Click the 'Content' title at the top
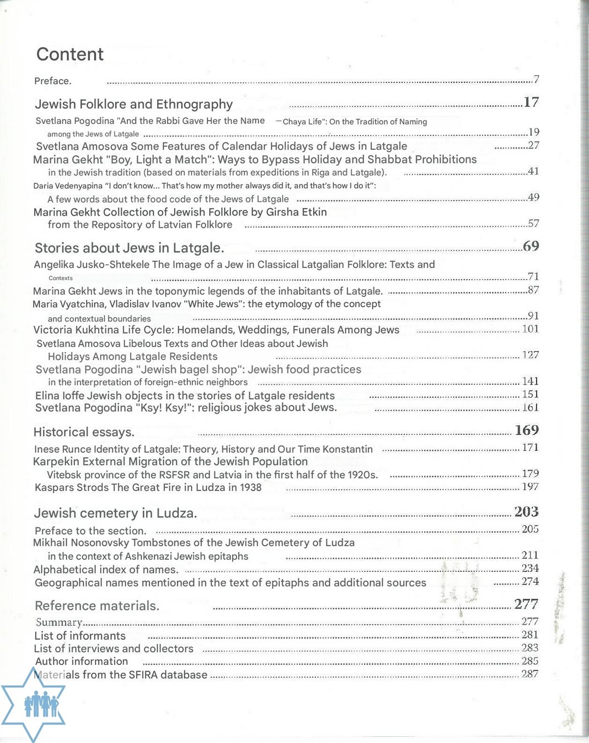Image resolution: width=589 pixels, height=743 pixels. pos(70,54)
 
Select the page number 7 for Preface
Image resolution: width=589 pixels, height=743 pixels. pos(536,79)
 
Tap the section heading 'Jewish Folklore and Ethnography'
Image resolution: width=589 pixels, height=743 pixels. pos(134,104)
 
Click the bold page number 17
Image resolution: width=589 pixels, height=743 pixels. pos(531,102)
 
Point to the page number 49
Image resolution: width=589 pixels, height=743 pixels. pos(533,197)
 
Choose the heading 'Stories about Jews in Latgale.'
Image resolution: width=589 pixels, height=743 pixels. pos(129,248)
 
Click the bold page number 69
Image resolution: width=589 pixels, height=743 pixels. pos(531,246)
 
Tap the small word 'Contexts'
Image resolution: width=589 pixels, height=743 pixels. pos(61,278)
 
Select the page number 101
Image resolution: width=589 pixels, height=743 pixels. pos(530,329)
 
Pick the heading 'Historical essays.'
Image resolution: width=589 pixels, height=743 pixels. pos(84,432)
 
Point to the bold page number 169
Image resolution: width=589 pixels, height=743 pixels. pos(527,430)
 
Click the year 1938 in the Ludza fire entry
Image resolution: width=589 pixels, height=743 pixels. pos(251,488)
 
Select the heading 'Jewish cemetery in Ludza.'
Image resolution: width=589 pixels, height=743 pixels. pos(116,513)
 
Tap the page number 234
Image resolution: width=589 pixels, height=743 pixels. pos(530,568)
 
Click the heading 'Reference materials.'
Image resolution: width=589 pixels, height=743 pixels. pos(97,606)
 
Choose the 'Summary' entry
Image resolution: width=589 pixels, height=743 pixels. pos(59,622)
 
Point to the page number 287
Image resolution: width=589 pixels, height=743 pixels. pos(530,674)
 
